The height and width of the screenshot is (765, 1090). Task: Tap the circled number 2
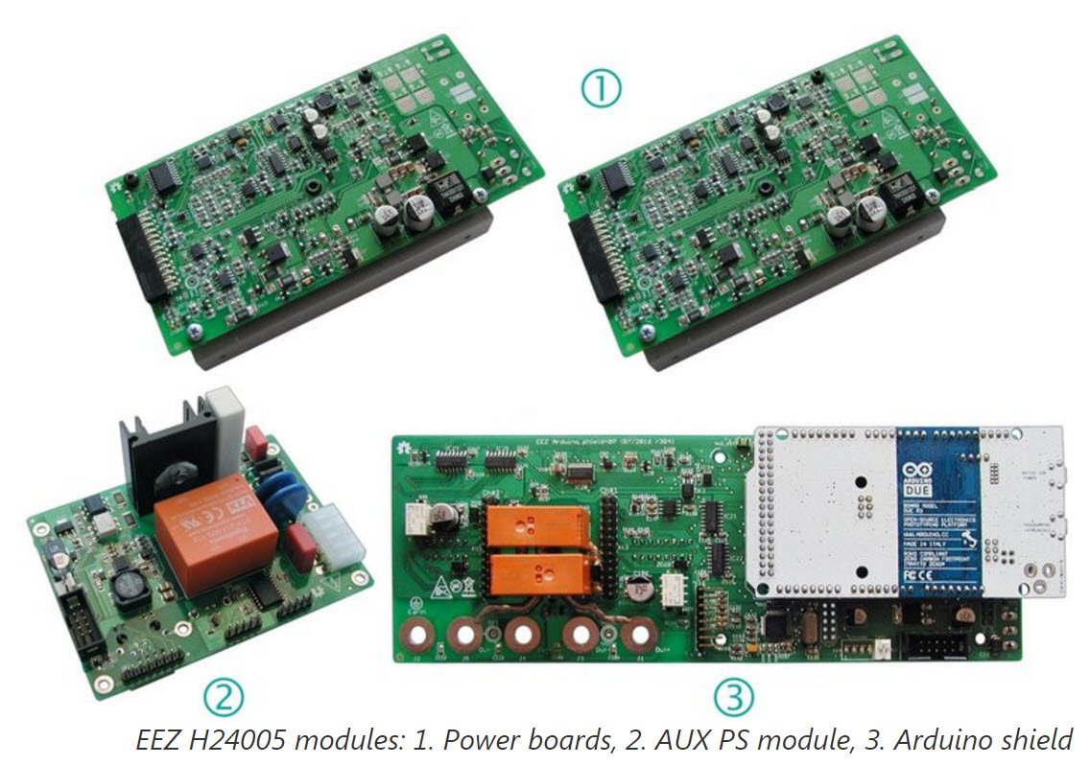tap(222, 695)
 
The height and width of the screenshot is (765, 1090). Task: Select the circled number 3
tap(734, 695)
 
